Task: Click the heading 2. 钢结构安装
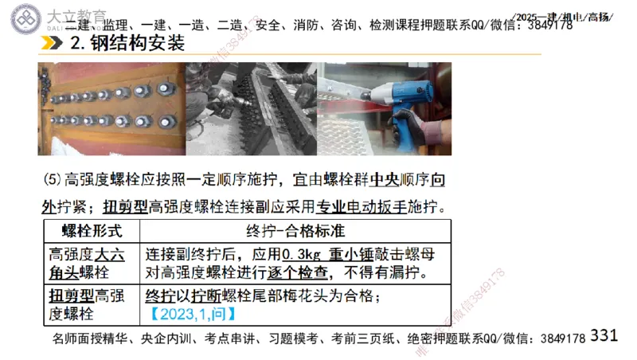(x=127, y=44)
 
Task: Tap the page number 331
(x=604, y=335)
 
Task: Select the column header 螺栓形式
(x=92, y=232)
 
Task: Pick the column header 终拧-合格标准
(x=295, y=232)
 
